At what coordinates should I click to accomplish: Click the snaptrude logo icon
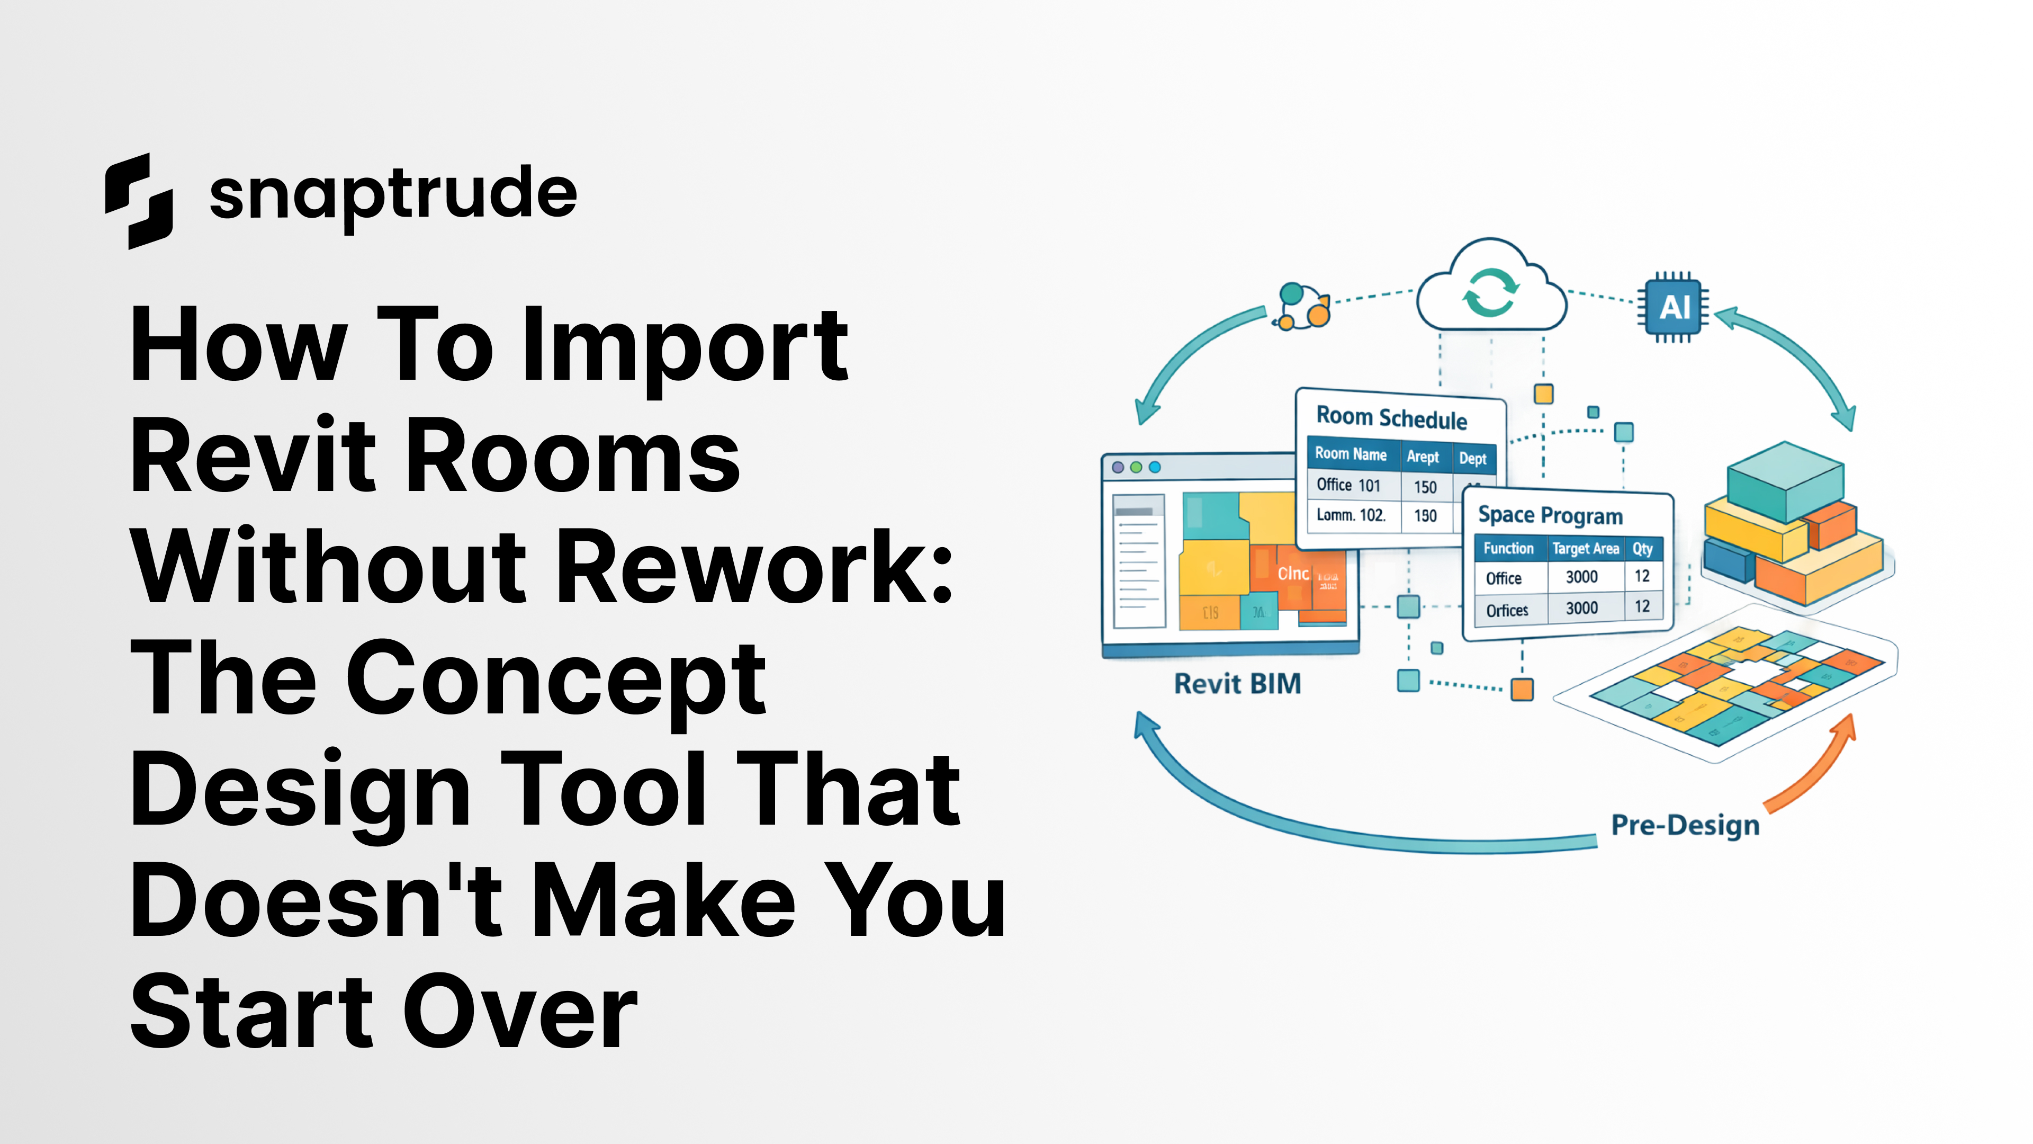[139, 201]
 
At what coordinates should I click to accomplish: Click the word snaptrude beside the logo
[393, 194]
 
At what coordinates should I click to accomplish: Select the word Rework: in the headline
[756, 567]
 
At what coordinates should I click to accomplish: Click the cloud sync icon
[1490, 291]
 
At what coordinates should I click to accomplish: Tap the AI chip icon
[1673, 307]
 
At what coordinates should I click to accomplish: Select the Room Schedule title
[1391, 418]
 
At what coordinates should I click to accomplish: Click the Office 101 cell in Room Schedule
[1348, 485]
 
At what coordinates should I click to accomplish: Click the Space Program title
[1550, 515]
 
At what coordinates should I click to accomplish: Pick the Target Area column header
[1585, 548]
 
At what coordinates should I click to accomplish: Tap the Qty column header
[1642, 548]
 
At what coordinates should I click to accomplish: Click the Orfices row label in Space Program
[1507, 610]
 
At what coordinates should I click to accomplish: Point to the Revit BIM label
[1237, 684]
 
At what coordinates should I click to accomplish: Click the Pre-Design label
[1685, 825]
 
